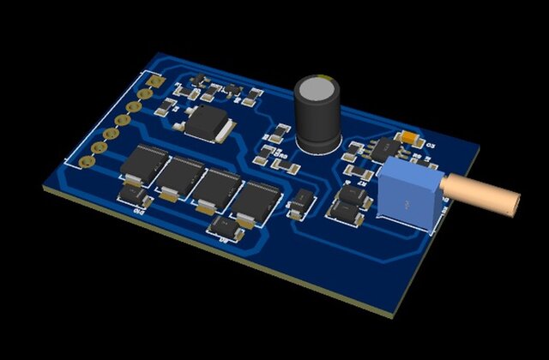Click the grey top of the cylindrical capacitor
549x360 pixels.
pos(317,87)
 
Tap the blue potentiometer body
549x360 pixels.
pos(409,193)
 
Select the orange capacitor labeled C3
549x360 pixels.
pos(410,136)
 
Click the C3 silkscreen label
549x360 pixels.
pos(431,147)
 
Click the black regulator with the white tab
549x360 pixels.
pos(207,122)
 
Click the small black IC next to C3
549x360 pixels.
pos(377,150)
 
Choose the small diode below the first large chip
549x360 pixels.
pos(134,196)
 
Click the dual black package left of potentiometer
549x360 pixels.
pos(351,204)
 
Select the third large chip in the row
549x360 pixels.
pos(218,188)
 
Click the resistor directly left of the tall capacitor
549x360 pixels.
pos(278,134)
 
